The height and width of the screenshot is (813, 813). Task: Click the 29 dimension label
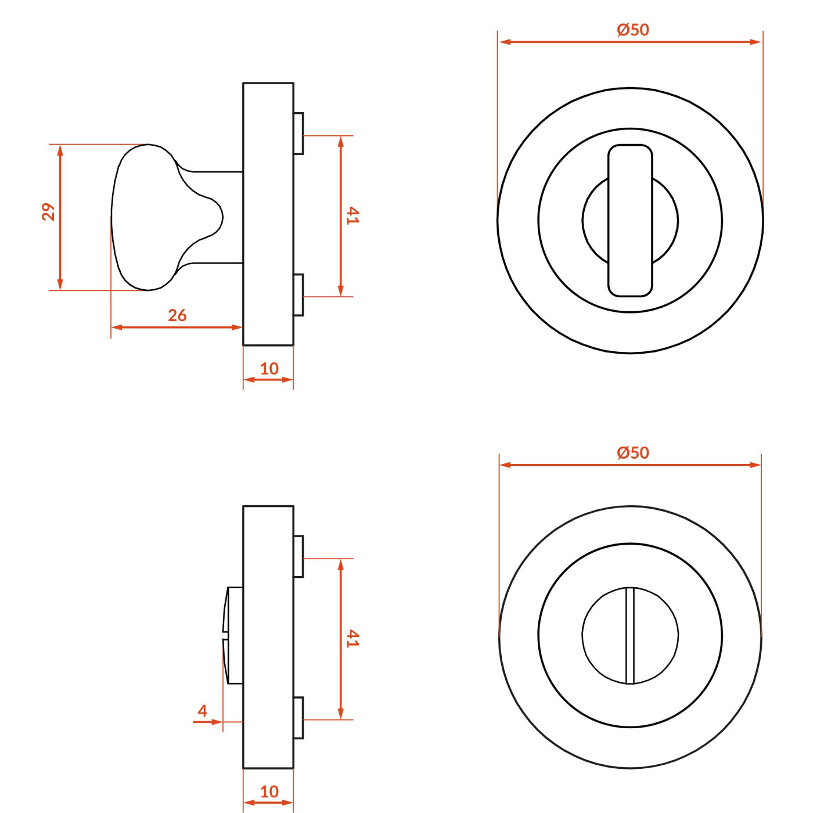pos(49,212)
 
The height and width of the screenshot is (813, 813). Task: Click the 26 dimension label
pos(177,315)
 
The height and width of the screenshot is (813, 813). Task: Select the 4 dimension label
pos(203,710)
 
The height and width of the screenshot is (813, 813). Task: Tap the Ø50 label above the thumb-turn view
pos(633,30)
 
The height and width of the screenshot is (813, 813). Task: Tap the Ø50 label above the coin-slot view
pos(633,452)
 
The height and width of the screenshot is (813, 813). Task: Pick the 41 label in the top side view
pos(352,215)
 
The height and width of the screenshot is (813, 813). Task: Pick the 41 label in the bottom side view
pos(352,638)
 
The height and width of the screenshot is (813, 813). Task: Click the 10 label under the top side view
pos(269,369)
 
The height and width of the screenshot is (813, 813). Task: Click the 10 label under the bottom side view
pos(269,792)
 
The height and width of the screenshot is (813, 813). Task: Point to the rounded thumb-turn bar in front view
pos(630,220)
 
